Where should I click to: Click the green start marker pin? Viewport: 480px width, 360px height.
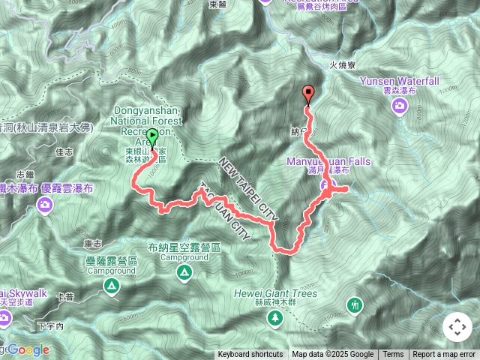[x=153, y=137]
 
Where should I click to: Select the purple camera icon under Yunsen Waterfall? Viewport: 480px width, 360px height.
[x=399, y=106]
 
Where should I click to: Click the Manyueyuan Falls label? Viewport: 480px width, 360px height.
[x=328, y=160]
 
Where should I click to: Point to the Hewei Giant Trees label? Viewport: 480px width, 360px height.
[x=275, y=293]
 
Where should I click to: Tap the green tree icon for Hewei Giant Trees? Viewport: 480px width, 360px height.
[x=275, y=318]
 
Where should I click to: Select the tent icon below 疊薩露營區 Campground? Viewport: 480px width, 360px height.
[x=111, y=286]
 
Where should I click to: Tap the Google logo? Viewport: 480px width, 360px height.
[x=28, y=349]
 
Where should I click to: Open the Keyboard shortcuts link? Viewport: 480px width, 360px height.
[x=250, y=355]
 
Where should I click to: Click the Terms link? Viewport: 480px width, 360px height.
[x=393, y=355]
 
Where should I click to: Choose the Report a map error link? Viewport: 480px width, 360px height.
[x=445, y=355]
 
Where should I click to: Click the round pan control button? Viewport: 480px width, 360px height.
[x=457, y=327]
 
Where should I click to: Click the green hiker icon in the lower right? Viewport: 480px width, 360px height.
[x=355, y=304]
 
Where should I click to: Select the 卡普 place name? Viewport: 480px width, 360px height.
[x=66, y=298]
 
